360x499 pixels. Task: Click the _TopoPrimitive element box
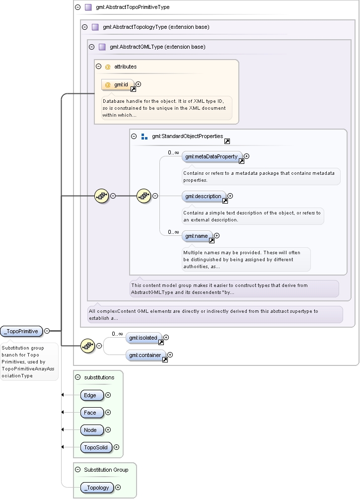point(21,331)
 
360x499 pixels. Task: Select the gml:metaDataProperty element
point(212,156)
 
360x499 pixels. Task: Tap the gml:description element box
point(204,196)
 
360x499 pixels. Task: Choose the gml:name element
point(197,236)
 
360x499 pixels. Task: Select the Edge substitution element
point(92,395)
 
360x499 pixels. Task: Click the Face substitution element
point(92,413)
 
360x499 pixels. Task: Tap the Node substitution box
point(92,430)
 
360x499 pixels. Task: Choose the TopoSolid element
point(96,447)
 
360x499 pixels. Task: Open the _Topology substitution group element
point(97,488)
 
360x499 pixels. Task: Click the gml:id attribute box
point(118,84)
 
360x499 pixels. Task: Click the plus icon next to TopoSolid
point(117,447)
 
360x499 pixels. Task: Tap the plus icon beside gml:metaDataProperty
point(246,156)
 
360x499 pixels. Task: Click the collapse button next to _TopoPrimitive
point(47,331)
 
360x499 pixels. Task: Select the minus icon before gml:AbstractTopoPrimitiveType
point(77,7)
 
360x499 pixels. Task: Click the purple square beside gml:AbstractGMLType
point(102,47)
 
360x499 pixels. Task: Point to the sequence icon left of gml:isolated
point(88,346)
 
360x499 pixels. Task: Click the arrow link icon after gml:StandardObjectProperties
point(227,142)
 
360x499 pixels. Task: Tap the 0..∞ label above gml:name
point(173,232)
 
